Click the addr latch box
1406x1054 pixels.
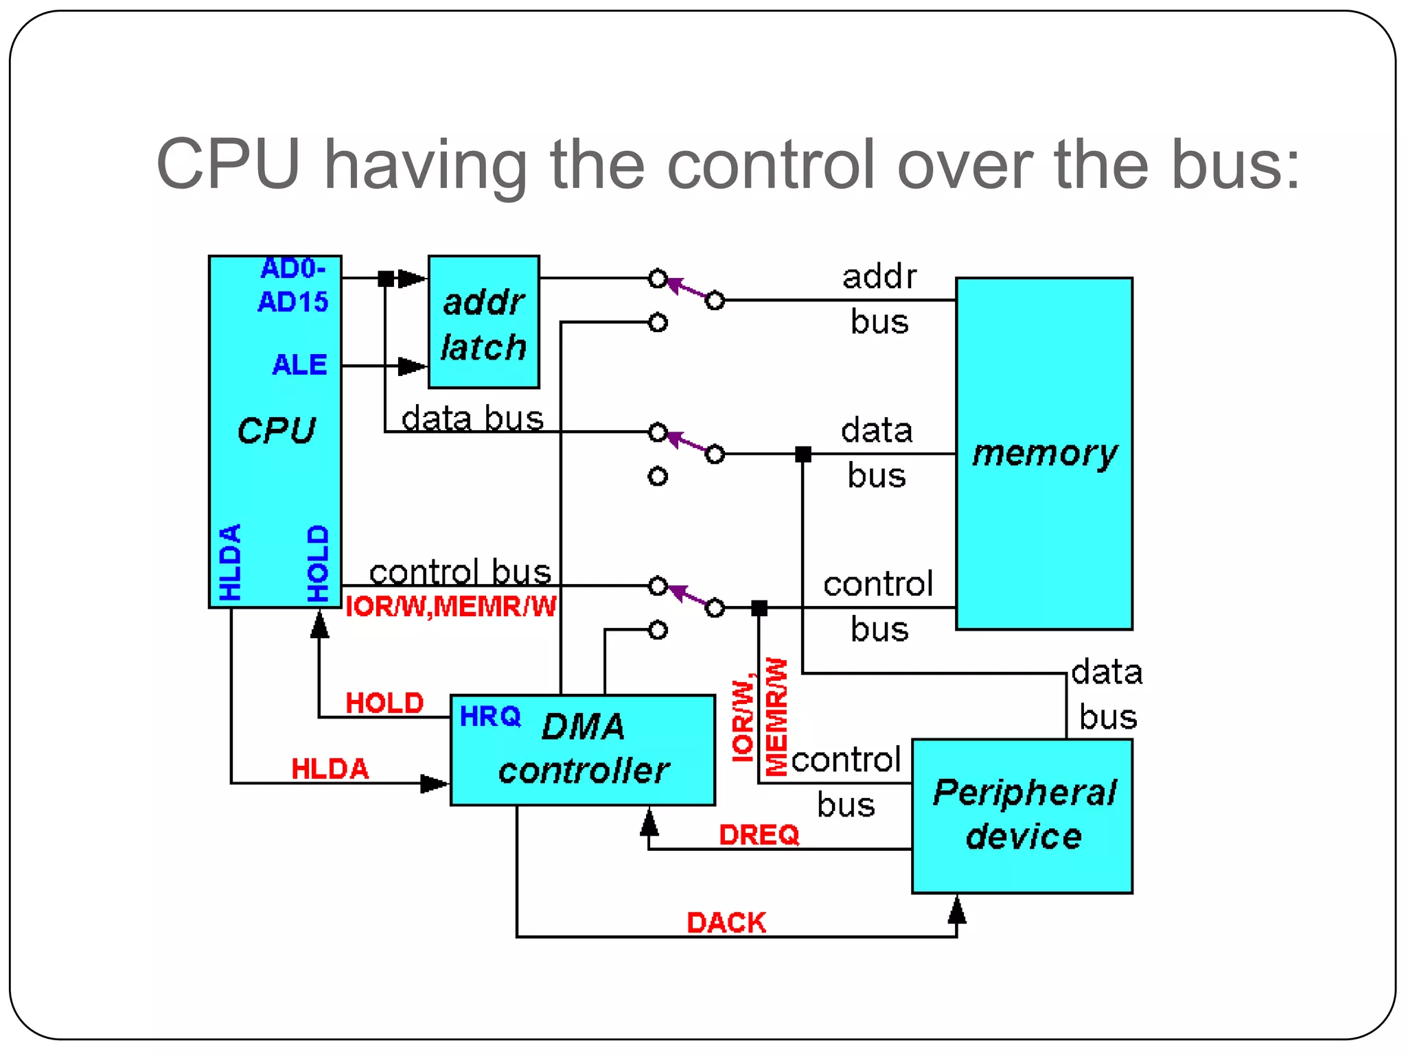483,322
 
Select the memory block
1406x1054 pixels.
1044,454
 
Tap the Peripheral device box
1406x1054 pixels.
1022,816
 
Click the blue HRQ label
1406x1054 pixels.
490,716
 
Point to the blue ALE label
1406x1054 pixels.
299,365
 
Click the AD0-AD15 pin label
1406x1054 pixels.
293,285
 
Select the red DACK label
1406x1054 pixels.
726,923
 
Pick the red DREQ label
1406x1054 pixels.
759,835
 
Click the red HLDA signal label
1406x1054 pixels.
330,769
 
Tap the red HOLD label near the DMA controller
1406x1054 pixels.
384,703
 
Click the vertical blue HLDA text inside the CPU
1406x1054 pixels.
231,562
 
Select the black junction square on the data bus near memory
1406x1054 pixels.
803,454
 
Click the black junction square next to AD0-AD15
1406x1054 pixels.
387,279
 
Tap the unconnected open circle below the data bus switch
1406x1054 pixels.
658,476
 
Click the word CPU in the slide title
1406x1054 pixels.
228,165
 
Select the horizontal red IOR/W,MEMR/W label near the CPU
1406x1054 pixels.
450,607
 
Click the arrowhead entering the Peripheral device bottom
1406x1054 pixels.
956,910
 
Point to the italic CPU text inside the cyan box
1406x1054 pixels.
276,431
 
